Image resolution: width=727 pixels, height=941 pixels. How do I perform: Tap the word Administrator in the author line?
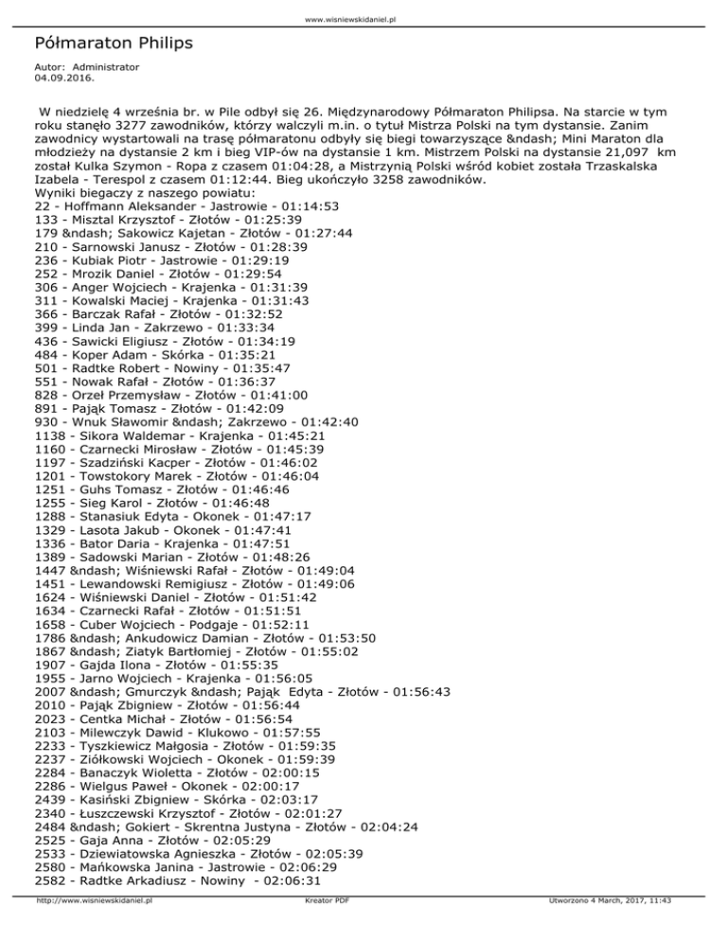105,67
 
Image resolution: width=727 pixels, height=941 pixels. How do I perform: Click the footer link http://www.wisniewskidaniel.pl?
94,929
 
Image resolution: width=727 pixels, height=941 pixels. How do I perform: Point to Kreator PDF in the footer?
323,929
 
